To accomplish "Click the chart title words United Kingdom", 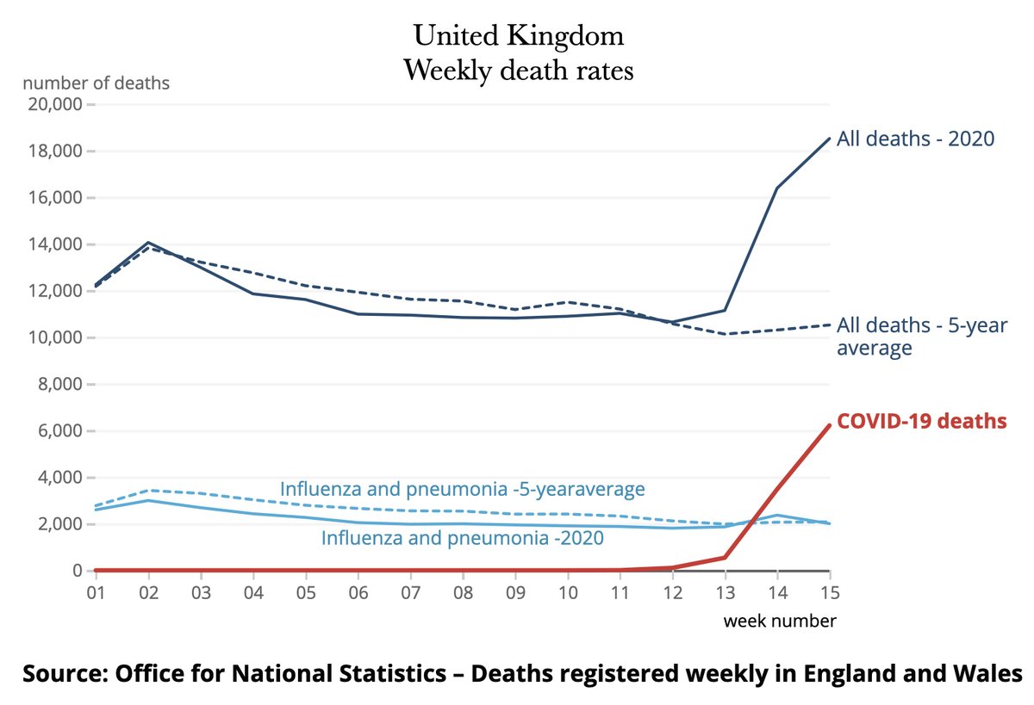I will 518,36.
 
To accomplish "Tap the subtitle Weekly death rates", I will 518,70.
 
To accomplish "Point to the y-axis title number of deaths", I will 96,83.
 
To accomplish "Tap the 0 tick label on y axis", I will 76,571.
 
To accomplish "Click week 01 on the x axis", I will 96,593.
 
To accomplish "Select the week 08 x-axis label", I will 462,593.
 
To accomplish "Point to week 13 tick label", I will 725,593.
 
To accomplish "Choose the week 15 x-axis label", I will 829,593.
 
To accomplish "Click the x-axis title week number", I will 779,621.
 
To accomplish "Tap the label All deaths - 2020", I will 916,139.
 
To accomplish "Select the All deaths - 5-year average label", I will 921,337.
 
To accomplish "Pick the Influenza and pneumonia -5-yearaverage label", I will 462,490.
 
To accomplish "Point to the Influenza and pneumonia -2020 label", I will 462,539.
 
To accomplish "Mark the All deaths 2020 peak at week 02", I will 148,243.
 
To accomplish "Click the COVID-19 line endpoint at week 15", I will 829,424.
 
